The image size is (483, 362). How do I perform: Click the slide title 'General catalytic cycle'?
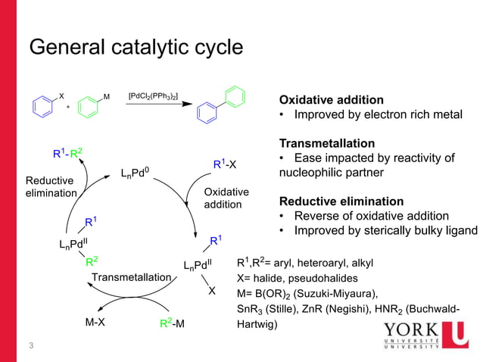(x=136, y=47)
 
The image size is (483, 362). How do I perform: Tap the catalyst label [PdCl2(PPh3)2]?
(x=153, y=96)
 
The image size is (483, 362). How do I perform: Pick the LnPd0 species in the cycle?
(x=139, y=175)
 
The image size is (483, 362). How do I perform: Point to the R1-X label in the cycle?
(x=226, y=164)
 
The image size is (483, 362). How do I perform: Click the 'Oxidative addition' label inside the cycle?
(x=223, y=198)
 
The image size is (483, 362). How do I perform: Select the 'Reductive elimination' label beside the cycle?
(x=50, y=187)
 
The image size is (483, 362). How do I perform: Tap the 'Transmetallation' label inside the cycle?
(x=131, y=277)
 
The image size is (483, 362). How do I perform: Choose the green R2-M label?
(x=173, y=324)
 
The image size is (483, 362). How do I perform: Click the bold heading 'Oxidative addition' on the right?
(x=331, y=100)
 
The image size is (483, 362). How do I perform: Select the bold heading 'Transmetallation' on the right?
(x=327, y=143)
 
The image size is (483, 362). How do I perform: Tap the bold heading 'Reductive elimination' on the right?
(x=341, y=201)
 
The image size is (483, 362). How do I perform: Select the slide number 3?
(x=31, y=346)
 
